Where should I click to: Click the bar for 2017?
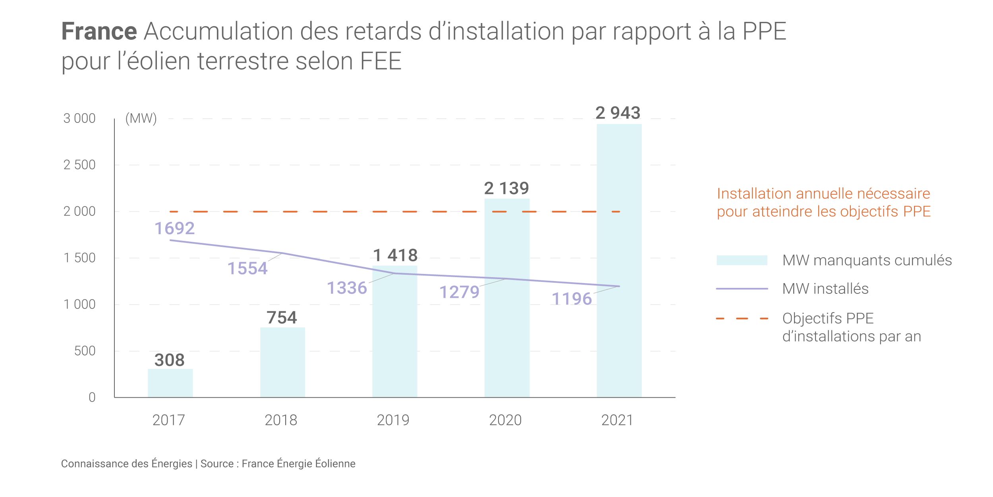(170, 383)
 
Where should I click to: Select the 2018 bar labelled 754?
(282, 362)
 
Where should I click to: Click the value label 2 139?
(506, 188)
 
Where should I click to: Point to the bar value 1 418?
(395, 255)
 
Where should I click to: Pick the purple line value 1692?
(174, 228)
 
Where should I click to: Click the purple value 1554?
(247, 268)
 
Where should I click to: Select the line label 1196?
(572, 299)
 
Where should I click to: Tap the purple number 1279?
(459, 292)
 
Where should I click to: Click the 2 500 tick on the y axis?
(79, 165)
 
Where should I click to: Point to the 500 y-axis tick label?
(85, 351)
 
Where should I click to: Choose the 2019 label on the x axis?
(393, 420)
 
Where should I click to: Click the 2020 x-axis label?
(505, 420)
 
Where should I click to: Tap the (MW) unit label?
(141, 118)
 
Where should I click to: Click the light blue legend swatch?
(742, 260)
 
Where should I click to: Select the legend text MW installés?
(825, 289)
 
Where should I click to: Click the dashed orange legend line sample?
(742, 318)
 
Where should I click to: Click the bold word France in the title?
(99, 31)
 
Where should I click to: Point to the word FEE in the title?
(381, 61)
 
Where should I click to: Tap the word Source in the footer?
(217, 464)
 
